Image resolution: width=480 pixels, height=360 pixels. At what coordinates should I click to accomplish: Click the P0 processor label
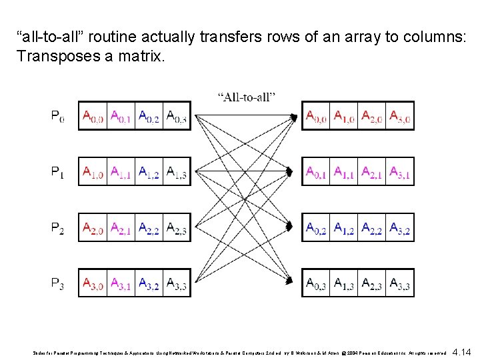58,117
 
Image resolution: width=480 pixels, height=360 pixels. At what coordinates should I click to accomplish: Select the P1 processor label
58,173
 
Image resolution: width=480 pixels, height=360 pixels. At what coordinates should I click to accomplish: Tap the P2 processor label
58,229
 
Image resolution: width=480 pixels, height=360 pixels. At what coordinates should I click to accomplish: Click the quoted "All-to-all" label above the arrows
247,97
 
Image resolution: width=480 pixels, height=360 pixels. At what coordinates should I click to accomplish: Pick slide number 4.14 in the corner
461,352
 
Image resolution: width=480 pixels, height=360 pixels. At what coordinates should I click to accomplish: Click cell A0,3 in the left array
177,117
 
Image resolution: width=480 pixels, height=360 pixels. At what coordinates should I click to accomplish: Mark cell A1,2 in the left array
149,173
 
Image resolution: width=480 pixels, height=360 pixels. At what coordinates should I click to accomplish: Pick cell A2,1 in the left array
121,229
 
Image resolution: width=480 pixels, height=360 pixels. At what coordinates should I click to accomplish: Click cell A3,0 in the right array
400,117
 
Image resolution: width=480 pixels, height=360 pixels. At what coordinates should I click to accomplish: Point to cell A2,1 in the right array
372,173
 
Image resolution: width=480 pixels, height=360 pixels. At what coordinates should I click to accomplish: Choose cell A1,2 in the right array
344,229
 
